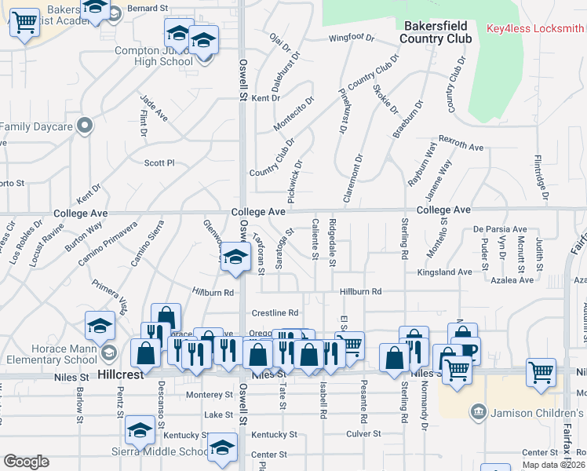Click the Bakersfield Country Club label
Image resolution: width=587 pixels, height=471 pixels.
(x=436, y=32)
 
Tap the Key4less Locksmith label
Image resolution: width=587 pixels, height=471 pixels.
(x=535, y=28)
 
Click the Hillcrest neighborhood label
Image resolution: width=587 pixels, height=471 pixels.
(x=122, y=376)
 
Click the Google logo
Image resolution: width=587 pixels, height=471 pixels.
(x=26, y=461)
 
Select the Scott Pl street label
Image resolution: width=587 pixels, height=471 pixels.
(x=159, y=163)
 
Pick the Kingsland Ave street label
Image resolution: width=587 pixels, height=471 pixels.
(x=444, y=272)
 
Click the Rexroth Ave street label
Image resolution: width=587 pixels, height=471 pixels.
(x=461, y=146)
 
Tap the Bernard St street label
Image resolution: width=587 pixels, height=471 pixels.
(x=148, y=7)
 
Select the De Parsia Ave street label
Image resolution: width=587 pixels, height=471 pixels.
(x=500, y=229)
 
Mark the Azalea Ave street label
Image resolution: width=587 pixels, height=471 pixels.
(x=514, y=279)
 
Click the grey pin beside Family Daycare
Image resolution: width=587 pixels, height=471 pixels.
(x=86, y=126)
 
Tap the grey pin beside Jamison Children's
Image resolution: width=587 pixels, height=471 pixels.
(x=477, y=411)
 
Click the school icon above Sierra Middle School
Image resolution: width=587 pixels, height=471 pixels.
(x=140, y=430)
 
